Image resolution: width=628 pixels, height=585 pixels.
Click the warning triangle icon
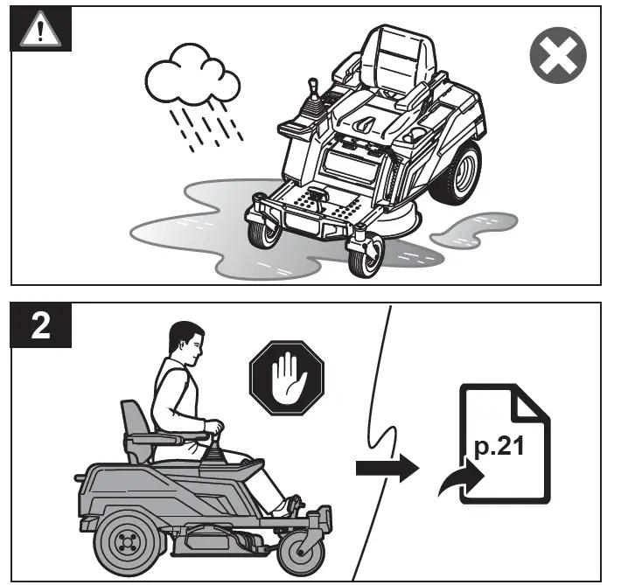pyautogui.click(x=36, y=31)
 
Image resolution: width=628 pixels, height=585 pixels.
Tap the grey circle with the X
pyautogui.click(x=557, y=59)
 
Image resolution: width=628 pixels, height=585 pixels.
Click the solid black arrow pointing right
pyautogui.click(x=385, y=467)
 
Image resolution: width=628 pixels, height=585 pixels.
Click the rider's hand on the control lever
pyautogui.click(x=215, y=429)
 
